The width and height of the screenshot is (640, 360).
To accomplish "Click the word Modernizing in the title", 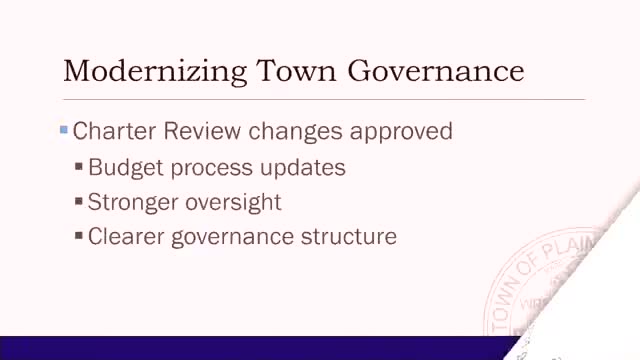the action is click(x=155, y=72).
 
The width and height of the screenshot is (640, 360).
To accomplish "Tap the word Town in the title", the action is click(x=296, y=71).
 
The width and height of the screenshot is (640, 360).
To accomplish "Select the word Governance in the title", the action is click(x=436, y=72).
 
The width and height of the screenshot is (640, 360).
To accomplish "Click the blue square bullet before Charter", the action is click(x=63, y=130).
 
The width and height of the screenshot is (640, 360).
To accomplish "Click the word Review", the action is click(x=202, y=131).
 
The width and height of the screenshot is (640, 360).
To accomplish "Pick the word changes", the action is click(x=295, y=132).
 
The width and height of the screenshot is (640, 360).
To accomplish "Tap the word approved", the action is click(x=401, y=132).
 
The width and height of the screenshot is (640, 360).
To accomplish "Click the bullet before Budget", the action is click(x=79, y=166).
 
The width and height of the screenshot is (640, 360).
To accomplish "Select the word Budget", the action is click(x=126, y=168).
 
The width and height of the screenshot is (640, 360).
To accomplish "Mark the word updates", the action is click(x=302, y=168).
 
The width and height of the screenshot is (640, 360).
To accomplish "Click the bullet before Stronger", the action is click(x=79, y=201).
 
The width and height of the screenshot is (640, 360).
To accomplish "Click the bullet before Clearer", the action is click(x=79, y=236).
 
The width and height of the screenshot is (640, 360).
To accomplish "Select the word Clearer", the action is click(x=126, y=237).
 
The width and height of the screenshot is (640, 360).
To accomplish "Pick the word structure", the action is click(x=349, y=237).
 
